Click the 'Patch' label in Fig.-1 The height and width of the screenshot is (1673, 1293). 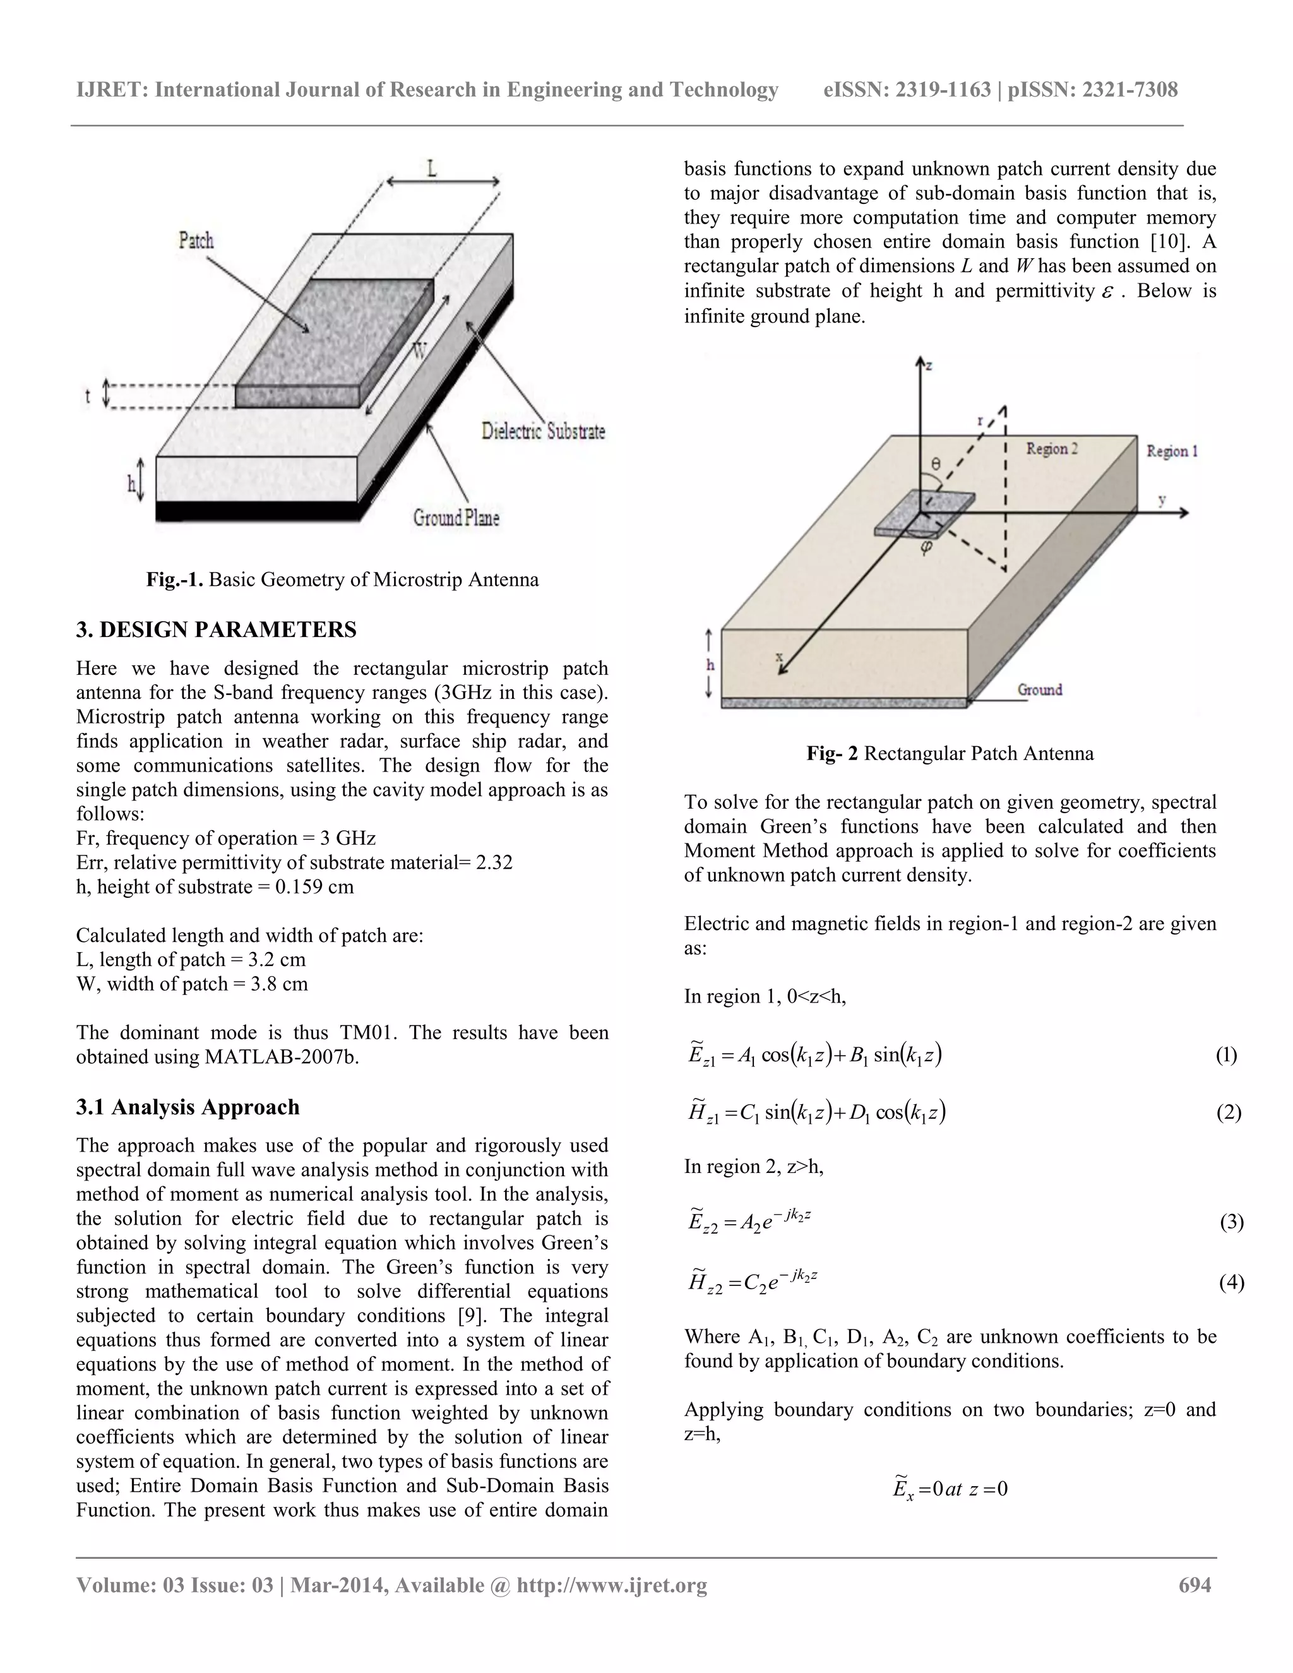[196, 241]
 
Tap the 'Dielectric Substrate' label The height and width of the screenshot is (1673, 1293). [543, 431]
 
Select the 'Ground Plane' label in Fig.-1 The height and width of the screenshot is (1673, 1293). [456, 518]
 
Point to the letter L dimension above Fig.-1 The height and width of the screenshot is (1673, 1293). [432, 168]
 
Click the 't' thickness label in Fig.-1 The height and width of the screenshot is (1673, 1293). [87, 396]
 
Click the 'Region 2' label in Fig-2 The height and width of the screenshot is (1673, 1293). [1052, 449]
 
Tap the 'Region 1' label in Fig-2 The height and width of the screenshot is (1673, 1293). [1171, 451]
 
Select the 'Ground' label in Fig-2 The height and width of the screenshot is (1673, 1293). [1039, 689]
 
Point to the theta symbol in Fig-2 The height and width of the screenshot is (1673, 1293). [935, 463]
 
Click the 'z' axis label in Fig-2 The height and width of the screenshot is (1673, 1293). [929, 367]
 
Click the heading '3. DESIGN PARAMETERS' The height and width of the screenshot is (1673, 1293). [216, 629]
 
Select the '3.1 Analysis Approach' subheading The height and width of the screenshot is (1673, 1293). [188, 1107]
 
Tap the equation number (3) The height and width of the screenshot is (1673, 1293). [1231, 1221]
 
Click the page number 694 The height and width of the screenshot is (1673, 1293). [1195, 1585]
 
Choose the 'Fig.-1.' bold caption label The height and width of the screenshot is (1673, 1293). [175, 579]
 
